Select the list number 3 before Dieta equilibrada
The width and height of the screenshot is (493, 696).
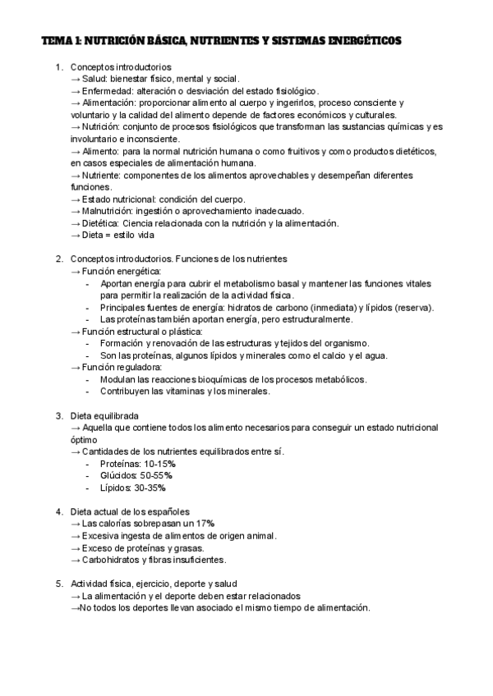coord(58,415)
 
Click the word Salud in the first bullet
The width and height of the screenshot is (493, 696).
coord(94,79)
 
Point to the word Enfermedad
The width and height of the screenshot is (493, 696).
coord(108,91)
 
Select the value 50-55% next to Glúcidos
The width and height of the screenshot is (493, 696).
coord(157,475)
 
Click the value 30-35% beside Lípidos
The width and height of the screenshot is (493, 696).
coord(152,488)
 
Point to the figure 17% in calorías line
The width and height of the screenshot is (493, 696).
coord(205,524)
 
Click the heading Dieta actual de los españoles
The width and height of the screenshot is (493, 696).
coord(130,511)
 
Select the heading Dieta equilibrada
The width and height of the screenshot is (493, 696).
coord(104,415)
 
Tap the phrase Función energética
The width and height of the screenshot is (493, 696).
coord(122,271)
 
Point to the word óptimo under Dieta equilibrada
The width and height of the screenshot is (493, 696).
coord(84,439)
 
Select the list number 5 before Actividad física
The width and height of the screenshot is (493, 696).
coord(58,584)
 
